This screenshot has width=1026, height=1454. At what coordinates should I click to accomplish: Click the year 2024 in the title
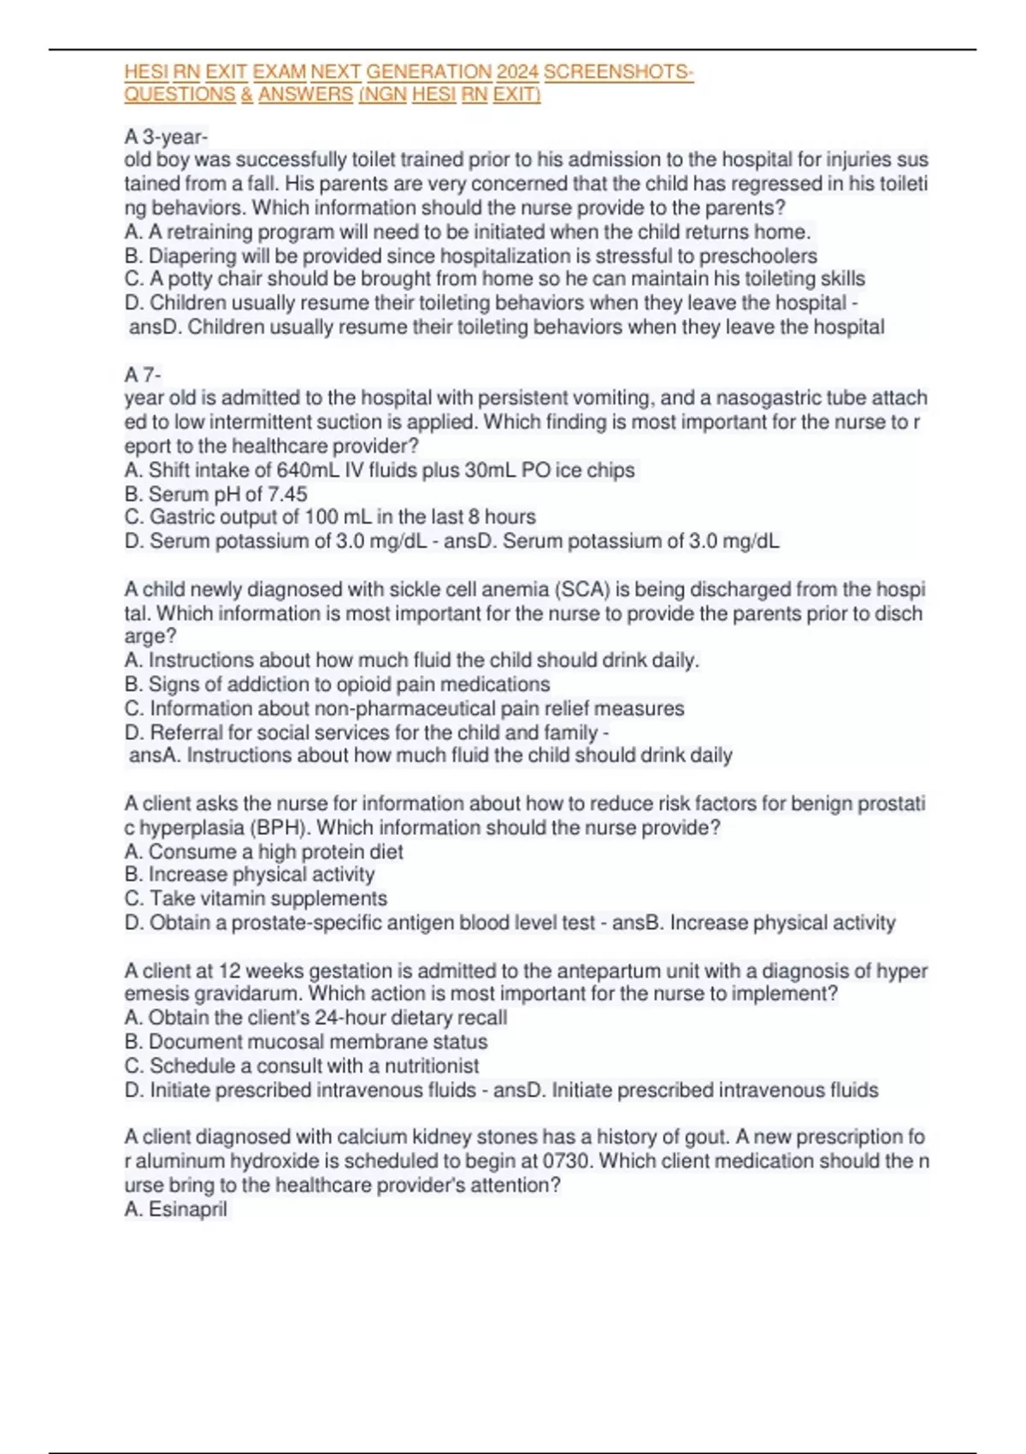coord(517,72)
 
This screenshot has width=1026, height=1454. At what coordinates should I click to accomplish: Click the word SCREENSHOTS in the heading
coord(617,72)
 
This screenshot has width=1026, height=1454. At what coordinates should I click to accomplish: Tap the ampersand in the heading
coord(247,95)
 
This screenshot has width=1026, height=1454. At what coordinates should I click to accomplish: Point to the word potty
coord(191,279)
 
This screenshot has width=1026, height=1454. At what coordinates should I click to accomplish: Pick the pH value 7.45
coord(287,494)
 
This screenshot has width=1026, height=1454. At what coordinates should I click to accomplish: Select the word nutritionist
coord(432,1066)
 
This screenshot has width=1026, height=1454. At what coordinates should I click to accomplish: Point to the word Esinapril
coord(188,1209)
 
